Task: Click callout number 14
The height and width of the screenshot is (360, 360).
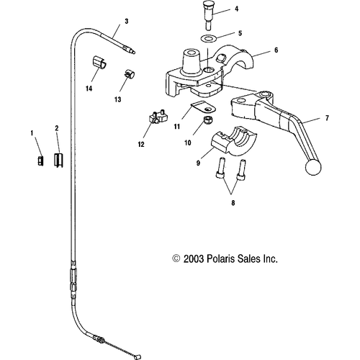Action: click(x=89, y=89)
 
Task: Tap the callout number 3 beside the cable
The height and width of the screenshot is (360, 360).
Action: click(x=127, y=21)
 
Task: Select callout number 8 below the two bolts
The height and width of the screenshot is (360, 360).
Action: click(x=233, y=203)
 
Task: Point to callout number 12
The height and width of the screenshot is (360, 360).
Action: click(x=141, y=144)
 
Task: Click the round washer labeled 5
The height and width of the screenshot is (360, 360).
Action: click(x=208, y=38)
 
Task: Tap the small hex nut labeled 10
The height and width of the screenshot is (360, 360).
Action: click(x=207, y=120)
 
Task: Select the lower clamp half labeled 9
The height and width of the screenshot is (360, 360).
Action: click(x=234, y=141)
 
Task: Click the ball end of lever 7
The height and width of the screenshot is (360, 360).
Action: click(x=313, y=167)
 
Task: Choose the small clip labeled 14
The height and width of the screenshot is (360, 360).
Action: click(x=99, y=63)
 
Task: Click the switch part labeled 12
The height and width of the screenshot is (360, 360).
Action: click(x=158, y=117)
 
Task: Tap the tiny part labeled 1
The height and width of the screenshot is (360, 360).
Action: click(x=40, y=161)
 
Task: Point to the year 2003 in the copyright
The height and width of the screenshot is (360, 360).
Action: click(x=194, y=259)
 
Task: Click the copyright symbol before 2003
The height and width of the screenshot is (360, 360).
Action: click(x=176, y=258)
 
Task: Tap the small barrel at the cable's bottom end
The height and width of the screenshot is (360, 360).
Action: click(x=138, y=357)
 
